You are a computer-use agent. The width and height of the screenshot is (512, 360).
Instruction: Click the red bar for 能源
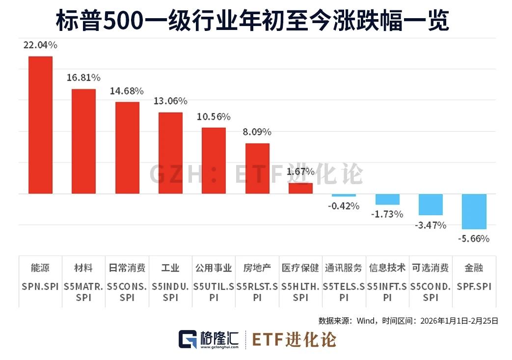click(40, 125)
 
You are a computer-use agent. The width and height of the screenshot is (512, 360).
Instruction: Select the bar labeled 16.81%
click(84, 141)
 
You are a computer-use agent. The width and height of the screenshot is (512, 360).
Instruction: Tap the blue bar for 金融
click(474, 211)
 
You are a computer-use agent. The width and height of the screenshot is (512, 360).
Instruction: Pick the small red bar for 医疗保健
click(300, 189)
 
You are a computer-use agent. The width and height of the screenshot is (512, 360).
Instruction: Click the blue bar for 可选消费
click(431, 204)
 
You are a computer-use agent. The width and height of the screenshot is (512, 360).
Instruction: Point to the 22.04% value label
click(40, 45)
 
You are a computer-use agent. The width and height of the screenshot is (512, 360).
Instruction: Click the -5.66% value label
click(474, 239)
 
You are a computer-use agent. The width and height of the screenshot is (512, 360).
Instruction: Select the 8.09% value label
click(257, 132)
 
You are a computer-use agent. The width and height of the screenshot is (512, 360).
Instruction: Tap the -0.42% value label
click(344, 206)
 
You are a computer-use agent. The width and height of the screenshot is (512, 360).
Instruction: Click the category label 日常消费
click(127, 268)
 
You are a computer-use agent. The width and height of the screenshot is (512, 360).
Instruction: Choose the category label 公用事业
click(214, 268)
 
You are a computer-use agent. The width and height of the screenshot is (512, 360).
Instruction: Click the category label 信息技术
click(387, 268)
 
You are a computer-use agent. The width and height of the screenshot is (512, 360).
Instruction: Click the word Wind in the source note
click(366, 321)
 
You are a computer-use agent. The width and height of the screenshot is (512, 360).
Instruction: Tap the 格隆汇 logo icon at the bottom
click(187, 339)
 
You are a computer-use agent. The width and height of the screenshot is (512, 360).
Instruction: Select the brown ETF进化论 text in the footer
click(294, 339)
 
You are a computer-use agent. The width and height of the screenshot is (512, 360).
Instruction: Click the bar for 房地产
click(257, 168)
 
